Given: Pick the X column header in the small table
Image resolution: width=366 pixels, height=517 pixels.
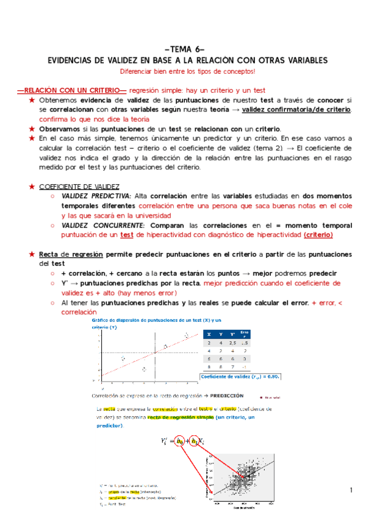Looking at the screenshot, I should (x=209, y=334).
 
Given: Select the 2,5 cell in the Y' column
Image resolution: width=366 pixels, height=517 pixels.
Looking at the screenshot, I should (x=232, y=343).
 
